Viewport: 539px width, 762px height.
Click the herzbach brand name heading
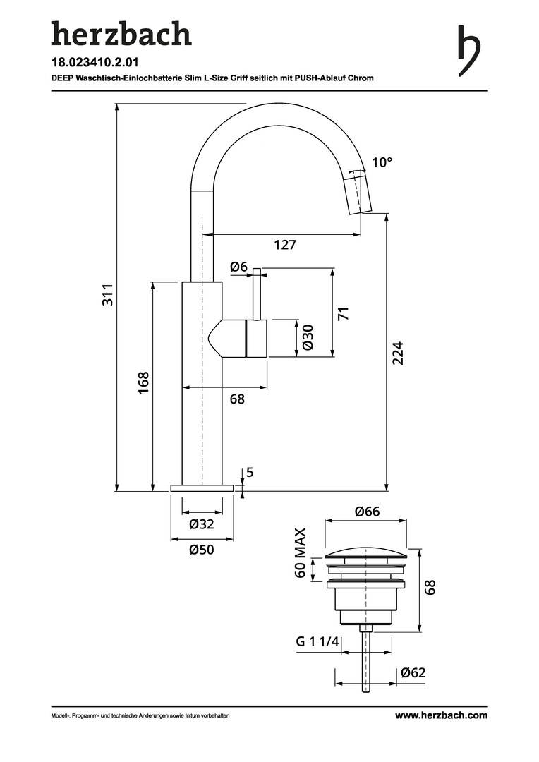(x=121, y=34)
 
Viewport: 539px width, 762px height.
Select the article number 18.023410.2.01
(x=95, y=62)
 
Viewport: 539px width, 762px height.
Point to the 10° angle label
(x=382, y=162)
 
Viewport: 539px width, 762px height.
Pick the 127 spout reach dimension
(x=285, y=245)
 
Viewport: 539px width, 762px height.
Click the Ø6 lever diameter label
(x=239, y=267)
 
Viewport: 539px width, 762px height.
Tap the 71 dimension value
(x=344, y=313)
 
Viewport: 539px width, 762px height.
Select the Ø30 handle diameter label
(x=308, y=338)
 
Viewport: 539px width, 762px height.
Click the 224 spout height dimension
(x=398, y=353)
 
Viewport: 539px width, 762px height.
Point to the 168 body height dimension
(x=143, y=383)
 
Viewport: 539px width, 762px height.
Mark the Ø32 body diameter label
(x=202, y=524)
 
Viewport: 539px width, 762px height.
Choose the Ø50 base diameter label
(x=202, y=550)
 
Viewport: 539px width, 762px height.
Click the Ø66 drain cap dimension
(x=367, y=512)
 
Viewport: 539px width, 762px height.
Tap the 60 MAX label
(x=301, y=553)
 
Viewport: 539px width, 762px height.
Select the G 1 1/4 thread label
(x=317, y=642)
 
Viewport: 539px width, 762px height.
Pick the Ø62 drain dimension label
(x=413, y=673)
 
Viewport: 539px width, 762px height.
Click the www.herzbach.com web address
(x=441, y=715)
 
